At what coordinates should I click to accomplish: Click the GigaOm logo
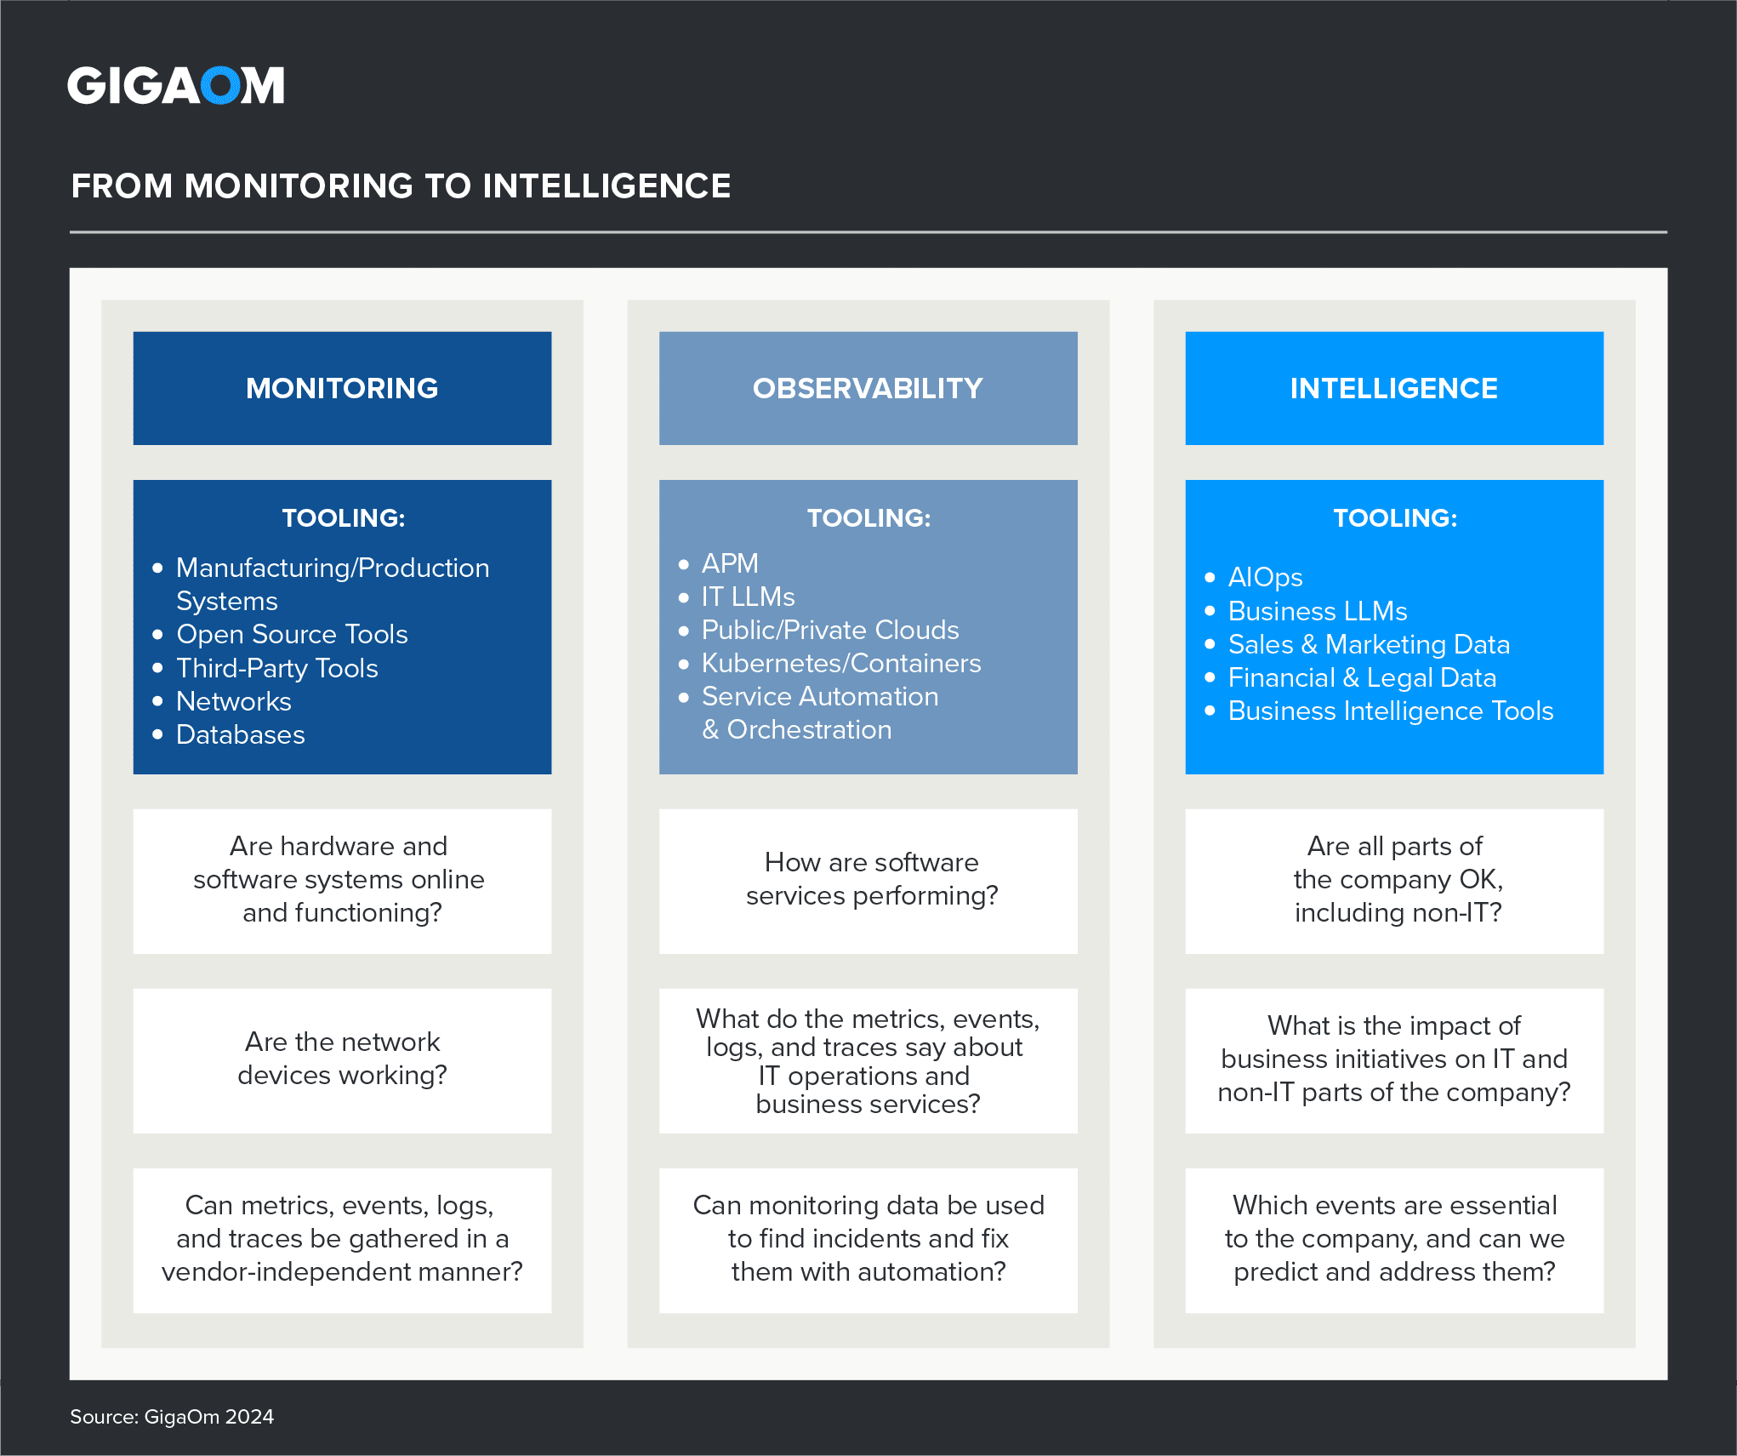[175, 85]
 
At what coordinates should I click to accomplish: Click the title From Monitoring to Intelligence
[401, 186]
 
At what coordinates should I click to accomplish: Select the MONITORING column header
[342, 388]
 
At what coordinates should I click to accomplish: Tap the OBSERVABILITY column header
[868, 388]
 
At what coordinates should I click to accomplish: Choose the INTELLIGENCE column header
[1393, 388]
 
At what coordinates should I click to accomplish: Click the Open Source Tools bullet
[292, 634]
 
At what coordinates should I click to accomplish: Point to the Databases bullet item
[240, 734]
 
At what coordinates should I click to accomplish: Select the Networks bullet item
[233, 701]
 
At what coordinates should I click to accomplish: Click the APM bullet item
[729, 563]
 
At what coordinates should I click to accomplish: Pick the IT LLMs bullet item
[748, 597]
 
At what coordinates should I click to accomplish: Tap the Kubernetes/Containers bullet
[840, 663]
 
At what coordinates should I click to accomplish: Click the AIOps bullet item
[1265, 577]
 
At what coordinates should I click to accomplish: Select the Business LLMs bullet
[1317, 611]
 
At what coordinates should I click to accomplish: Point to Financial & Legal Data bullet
[1361, 677]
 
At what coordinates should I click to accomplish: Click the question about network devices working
[342, 1059]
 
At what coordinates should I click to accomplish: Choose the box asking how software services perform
[871, 879]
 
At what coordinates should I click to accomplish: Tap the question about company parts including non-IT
[1397, 879]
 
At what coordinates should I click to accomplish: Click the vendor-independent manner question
[342, 1239]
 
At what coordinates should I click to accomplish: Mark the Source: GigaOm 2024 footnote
[172, 1417]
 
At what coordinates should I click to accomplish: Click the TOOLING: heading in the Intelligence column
[1395, 517]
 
